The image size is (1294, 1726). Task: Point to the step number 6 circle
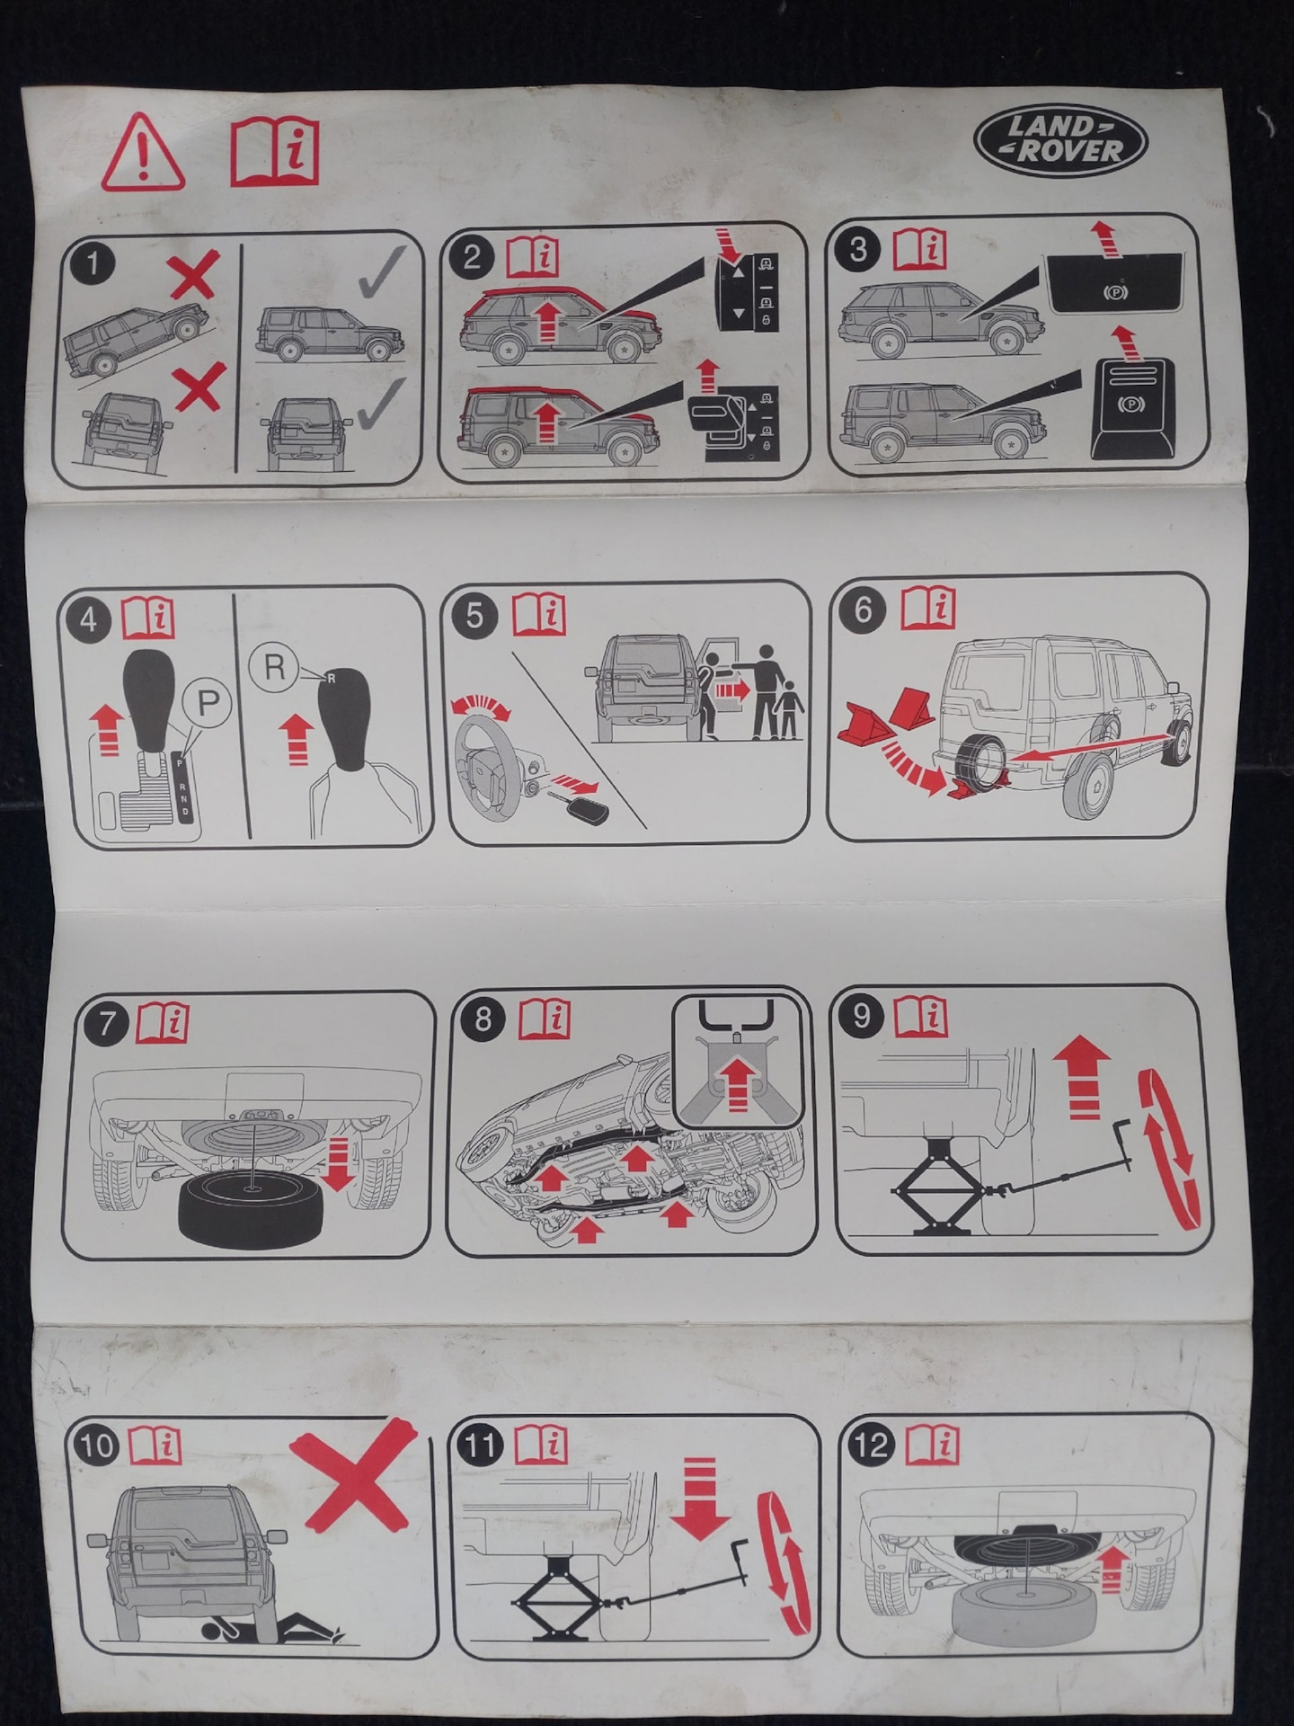(863, 609)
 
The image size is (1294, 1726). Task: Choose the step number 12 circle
(871, 1446)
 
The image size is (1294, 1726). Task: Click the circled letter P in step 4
(208, 703)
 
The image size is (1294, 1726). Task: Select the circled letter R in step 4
(274, 666)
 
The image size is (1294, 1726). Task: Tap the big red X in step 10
(353, 1475)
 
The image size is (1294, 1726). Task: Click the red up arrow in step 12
(1113, 1570)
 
